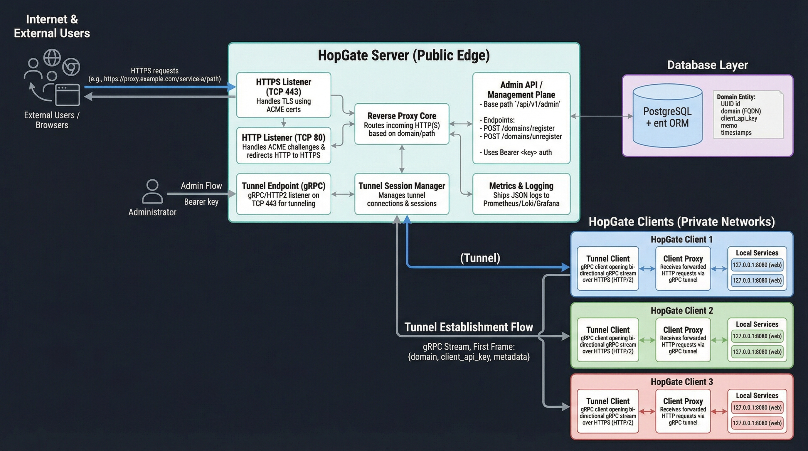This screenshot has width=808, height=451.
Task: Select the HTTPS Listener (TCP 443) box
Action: click(283, 95)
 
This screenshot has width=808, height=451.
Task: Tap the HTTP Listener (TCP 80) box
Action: click(283, 146)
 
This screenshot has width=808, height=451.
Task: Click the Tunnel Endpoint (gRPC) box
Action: click(283, 194)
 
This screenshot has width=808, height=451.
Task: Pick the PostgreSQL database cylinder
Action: click(667, 116)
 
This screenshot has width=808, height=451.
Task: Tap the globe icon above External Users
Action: click(52, 57)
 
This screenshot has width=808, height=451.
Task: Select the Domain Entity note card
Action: click(748, 115)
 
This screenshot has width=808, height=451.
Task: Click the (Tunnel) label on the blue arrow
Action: click(480, 258)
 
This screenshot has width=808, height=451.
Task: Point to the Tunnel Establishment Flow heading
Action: click(469, 327)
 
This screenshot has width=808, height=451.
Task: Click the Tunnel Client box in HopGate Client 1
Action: click(607, 268)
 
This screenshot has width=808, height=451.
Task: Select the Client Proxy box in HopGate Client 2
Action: click(683, 340)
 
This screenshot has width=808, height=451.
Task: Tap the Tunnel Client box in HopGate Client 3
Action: click(607, 411)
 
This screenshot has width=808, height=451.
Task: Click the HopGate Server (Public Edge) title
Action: click(404, 55)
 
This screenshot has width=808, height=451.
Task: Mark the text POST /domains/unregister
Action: click(523, 137)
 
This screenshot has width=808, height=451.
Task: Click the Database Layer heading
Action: click(707, 65)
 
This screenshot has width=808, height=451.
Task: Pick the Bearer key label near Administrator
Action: click(201, 202)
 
